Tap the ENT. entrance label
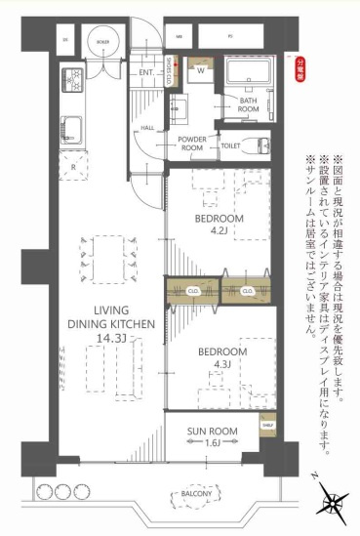tap(146, 73)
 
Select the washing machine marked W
tap(200, 72)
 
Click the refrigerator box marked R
tap(74, 166)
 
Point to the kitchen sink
tap(74, 126)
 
